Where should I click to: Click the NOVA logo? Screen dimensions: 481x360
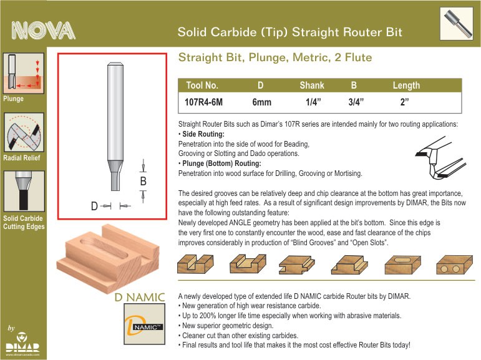(x=43, y=31)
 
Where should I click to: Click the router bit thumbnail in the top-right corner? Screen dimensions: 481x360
(x=456, y=24)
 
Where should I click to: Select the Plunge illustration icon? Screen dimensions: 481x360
(x=24, y=73)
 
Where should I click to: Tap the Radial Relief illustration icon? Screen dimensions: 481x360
(x=24, y=132)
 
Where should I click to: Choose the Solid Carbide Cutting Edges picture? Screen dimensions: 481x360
(x=24, y=191)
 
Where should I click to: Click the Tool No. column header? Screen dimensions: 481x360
(x=202, y=85)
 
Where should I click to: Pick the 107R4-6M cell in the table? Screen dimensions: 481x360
(x=203, y=102)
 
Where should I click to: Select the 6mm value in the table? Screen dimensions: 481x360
(x=261, y=102)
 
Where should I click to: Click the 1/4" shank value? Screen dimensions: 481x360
(x=313, y=102)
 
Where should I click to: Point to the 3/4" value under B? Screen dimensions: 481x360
(x=356, y=102)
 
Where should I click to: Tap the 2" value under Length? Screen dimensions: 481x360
(x=405, y=102)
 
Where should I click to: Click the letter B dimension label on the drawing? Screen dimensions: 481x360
(x=143, y=182)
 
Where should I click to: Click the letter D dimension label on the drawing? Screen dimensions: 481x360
(x=94, y=206)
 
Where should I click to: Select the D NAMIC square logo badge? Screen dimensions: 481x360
(x=145, y=324)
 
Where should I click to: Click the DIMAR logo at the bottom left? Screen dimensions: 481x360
(x=22, y=344)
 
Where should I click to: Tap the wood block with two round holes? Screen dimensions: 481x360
(x=454, y=265)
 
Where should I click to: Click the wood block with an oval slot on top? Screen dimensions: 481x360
(x=402, y=265)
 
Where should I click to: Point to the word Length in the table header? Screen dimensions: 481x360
(x=406, y=85)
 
